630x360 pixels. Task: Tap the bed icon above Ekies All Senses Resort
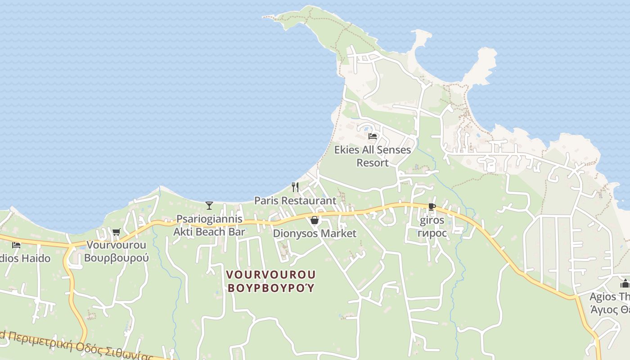[373, 136]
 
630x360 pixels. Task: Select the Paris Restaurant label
[295, 201]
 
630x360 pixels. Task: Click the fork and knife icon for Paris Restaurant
[295, 187]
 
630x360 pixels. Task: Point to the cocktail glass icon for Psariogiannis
[209, 206]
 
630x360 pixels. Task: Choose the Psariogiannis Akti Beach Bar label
[209, 225]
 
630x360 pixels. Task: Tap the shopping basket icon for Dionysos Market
[315, 220]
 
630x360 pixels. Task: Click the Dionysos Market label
[315, 234]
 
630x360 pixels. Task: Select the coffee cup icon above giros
[432, 207]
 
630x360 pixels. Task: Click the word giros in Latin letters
[432, 220]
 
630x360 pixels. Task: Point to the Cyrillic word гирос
[432, 234]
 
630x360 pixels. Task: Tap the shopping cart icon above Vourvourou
[117, 232]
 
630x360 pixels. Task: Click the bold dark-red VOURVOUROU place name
[271, 274]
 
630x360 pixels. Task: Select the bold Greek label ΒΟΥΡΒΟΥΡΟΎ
[271, 288]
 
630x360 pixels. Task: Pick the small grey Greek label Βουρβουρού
[117, 258]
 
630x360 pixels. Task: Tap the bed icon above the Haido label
[16, 245]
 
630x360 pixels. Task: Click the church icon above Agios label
[625, 283]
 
